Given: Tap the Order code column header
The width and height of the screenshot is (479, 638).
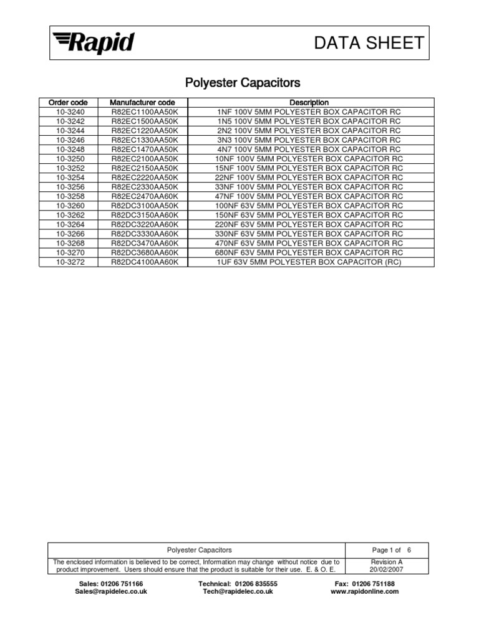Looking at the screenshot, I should click(68, 102).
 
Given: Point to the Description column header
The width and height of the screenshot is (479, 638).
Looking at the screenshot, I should click(309, 102).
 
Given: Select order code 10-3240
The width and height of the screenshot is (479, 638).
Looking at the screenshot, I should click(68, 112).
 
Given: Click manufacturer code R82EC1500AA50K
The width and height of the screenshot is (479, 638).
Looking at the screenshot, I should click(145, 121).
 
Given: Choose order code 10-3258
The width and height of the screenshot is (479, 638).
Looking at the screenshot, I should click(68, 196).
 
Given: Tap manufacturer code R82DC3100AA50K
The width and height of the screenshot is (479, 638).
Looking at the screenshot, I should click(145, 206).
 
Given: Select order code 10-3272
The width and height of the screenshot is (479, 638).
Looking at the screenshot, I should click(68, 262).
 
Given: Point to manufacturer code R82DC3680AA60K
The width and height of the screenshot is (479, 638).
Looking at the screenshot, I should click(145, 253).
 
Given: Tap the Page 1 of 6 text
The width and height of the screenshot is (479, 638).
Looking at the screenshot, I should click(392, 550).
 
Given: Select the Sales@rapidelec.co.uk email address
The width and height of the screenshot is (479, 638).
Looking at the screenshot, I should click(111, 592).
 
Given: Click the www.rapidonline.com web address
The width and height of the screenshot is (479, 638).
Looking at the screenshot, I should click(365, 592).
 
